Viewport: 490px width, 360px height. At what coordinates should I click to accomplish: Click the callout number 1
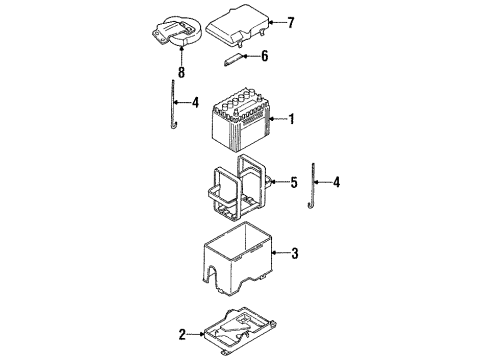click(291, 119)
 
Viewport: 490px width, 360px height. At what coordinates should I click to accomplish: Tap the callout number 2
click(182, 334)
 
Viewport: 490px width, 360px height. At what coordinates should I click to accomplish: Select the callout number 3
click(295, 253)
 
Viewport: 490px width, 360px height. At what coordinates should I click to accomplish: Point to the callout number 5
click(294, 182)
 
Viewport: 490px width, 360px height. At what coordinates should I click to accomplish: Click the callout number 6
click(265, 56)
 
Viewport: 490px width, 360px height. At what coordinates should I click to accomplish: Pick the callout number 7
click(291, 23)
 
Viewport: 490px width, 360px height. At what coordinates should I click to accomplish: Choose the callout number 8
click(181, 72)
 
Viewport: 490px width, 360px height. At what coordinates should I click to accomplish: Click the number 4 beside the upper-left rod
click(195, 102)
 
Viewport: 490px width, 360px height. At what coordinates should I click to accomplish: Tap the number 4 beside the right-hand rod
click(337, 182)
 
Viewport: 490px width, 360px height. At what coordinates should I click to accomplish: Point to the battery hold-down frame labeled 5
click(237, 188)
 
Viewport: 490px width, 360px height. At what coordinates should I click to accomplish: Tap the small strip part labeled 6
click(234, 60)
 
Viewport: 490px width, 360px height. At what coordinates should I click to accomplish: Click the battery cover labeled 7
click(237, 25)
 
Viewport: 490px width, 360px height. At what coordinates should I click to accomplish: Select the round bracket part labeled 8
click(176, 31)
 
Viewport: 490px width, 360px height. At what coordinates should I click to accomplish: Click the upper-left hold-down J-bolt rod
click(174, 104)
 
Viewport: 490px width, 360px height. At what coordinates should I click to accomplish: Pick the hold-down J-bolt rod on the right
click(312, 186)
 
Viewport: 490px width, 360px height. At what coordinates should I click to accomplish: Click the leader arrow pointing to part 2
click(195, 334)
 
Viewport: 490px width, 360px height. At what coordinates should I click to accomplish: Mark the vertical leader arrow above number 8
click(181, 56)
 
